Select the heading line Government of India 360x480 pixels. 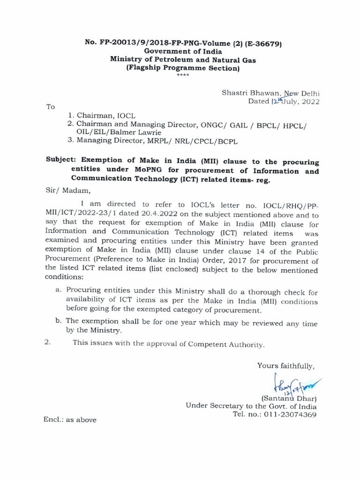point(180,52)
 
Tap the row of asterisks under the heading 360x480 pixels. point(180,75)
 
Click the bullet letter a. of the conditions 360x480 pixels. point(59,290)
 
